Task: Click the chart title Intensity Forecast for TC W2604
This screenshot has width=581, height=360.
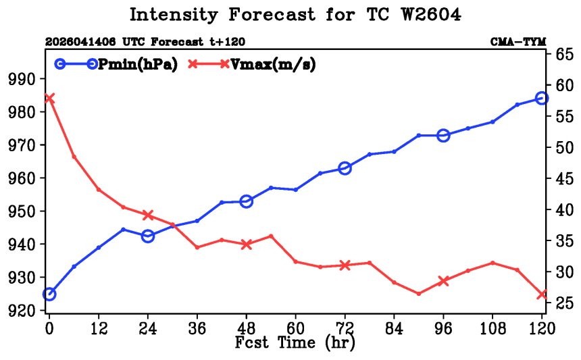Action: tap(295, 15)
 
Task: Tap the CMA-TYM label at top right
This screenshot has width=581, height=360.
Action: tap(518, 42)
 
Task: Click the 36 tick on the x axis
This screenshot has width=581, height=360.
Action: tap(197, 328)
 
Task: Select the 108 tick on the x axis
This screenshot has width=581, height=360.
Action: tap(492, 328)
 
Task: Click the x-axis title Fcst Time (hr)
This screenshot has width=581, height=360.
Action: tap(295, 342)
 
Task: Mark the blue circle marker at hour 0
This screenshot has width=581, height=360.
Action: tap(49, 294)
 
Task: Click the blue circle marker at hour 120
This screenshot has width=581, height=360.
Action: tap(542, 98)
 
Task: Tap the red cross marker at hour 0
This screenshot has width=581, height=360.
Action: tap(49, 98)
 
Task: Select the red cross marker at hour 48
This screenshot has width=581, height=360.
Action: tap(247, 244)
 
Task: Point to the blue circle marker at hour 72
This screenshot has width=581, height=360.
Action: tap(345, 168)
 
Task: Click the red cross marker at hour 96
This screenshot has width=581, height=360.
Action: tap(444, 281)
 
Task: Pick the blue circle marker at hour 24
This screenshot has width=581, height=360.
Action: tap(148, 236)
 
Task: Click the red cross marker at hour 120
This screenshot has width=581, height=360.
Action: tap(542, 294)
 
